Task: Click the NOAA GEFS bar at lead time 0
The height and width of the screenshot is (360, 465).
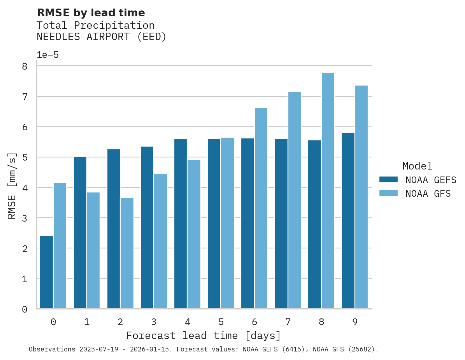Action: click(46, 272)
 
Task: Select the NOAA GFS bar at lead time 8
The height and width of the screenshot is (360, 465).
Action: click(328, 191)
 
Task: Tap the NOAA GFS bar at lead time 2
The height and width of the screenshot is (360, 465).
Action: click(127, 253)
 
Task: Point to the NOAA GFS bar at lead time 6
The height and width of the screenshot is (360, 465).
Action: click(261, 208)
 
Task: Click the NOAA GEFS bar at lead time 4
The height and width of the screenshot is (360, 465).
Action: click(181, 224)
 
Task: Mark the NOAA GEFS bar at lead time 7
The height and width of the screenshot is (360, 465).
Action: click(281, 224)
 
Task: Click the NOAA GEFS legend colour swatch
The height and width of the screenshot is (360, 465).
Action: click(388, 180)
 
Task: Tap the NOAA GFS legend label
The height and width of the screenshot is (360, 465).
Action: click(428, 194)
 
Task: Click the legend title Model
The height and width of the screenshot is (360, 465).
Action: click(417, 166)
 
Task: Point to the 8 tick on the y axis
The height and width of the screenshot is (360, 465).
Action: click(25, 66)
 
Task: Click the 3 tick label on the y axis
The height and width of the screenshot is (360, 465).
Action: click(25, 218)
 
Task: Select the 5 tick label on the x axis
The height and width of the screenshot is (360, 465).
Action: click(221, 322)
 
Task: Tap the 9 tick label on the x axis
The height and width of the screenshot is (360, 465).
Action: click(355, 322)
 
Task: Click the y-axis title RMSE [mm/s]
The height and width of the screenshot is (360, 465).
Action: click(12, 186)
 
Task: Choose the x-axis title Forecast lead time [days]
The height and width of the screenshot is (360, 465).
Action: click(203, 336)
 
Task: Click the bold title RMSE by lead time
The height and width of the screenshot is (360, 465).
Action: click(91, 13)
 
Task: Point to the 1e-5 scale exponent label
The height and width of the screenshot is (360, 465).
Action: click(47, 55)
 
